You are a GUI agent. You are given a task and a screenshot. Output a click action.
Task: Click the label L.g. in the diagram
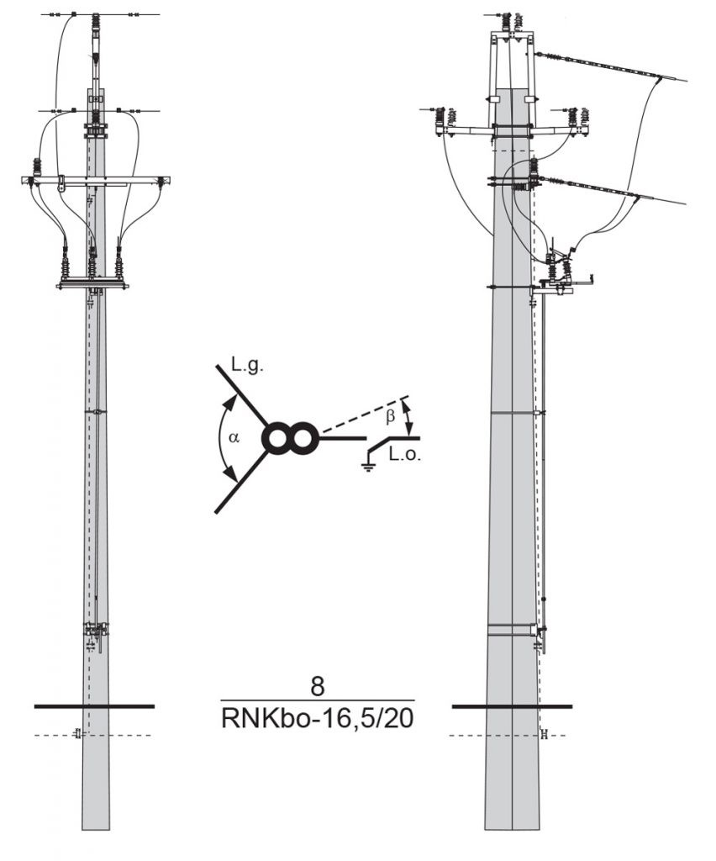pyautogui.click(x=247, y=367)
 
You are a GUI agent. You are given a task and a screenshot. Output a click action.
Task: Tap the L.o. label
pyautogui.click(x=405, y=454)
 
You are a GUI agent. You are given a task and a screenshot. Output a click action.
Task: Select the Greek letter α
pyautogui.click(x=234, y=437)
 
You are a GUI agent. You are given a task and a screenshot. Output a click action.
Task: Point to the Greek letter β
pyautogui.click(x=390, y=417)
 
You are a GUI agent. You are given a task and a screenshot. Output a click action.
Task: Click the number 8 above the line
pyautogui.click(x=318, y=686)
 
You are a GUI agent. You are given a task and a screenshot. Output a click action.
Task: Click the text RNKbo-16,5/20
pyautogui.click(x=317, y=718)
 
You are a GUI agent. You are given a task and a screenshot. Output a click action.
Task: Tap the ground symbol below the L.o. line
pyautogui.click(x=369, y=467)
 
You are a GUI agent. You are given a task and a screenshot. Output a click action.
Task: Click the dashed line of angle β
pyautogui.click(x=365, y=415)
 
